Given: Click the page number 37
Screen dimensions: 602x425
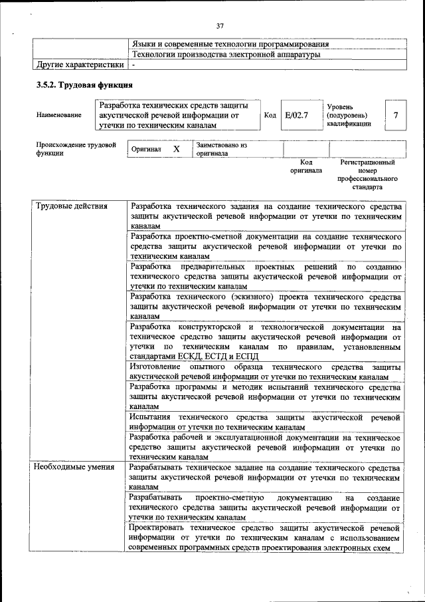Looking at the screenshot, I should coord(220,26).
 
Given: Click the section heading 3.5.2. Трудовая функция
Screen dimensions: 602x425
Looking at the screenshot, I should coord(84,86).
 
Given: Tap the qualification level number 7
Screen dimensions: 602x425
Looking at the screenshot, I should coord(396,115).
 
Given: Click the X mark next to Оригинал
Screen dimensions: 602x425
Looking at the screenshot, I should coord(177,149).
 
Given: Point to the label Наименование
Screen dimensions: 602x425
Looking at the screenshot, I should coord(60,115).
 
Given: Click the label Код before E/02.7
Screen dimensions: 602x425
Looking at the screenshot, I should coord(270,115).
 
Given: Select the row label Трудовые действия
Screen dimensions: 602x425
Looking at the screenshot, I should coord(71,206).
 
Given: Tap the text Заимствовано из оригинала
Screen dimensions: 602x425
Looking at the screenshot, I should coord(221,149).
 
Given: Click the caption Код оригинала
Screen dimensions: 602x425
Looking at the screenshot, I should coord(305,166).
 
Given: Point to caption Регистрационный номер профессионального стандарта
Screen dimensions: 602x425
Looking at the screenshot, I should coord(367,175).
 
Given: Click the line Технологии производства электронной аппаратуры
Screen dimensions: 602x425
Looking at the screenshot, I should coord(226,54).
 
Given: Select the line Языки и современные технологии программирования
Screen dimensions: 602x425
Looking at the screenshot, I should coord(230,44).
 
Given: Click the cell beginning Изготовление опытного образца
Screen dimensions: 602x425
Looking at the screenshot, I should coord(265,372).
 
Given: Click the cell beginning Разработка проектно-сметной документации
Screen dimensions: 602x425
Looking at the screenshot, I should coord(265,245).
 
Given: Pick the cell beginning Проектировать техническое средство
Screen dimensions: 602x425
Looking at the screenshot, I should coord(265,537).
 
